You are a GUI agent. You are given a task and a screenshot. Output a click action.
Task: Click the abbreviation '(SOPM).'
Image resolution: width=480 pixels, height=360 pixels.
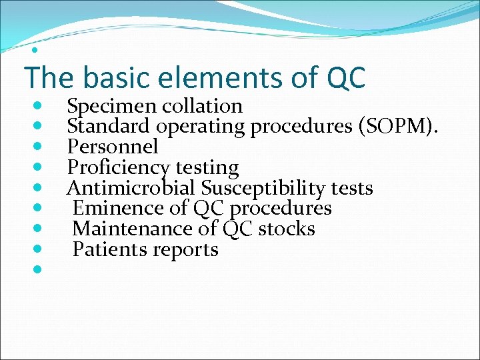point(399,127)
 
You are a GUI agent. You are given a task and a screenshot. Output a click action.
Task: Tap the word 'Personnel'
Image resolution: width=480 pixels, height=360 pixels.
point(113,147)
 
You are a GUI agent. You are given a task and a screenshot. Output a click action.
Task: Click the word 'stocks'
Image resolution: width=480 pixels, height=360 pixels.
point(287,229)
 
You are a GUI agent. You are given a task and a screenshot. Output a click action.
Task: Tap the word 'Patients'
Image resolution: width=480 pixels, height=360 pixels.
point(110,249)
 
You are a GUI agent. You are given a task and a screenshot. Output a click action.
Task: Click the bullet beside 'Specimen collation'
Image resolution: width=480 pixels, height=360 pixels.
point(37,105)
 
